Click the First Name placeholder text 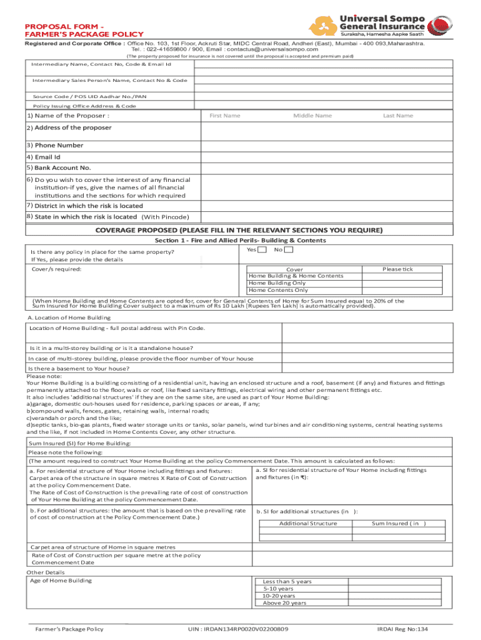coord(225,116)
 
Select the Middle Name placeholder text coord(312,116)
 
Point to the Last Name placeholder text coord(398,116)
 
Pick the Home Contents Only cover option coord(279,290)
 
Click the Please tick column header coord(397,269)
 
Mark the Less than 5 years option coord(287,581)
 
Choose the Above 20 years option coord(285,603)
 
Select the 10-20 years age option coord(280,596)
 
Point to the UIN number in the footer coord(238,629)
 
